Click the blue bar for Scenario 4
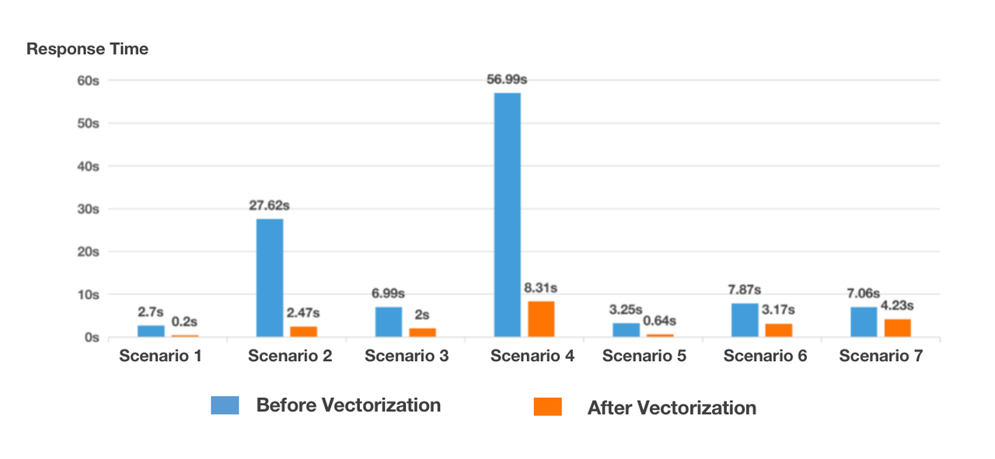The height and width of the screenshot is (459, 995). point(507,215)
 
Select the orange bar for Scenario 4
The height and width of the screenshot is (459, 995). point(541,319)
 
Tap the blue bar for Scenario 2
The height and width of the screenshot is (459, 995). point(270,278)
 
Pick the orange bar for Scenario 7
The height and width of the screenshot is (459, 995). point(897,328)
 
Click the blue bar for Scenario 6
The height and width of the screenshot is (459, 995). point(745,320)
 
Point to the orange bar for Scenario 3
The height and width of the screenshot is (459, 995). point(422,332)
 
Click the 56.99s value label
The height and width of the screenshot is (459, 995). point(507,79)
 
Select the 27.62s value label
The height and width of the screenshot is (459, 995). point(269,206)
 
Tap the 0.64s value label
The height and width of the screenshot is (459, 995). point(660,321)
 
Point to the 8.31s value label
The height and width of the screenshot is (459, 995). point(541,288)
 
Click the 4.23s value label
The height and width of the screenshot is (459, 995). point(899,305)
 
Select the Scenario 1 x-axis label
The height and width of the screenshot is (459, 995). point(160,356)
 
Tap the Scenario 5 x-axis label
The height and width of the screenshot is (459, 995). point(644,356)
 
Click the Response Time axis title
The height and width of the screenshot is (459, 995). point(87,49)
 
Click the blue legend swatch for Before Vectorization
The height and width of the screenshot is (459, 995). point(225,405)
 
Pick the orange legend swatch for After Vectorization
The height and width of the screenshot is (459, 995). point(547,406)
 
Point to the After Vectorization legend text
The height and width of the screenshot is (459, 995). point(672,408)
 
